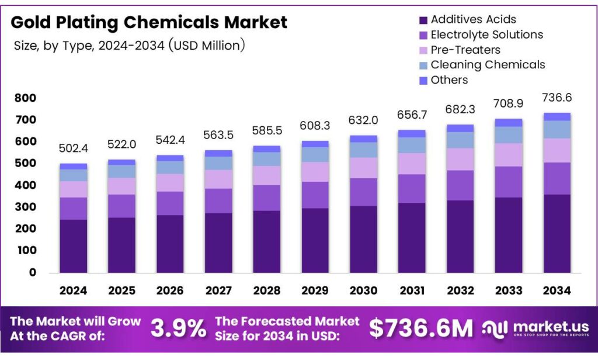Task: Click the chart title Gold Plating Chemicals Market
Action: pos(149,23)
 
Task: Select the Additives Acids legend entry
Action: pos(473,20)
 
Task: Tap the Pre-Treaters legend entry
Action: pos(465,50)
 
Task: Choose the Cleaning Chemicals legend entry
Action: pos(487,65)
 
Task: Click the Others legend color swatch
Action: pos(423,80)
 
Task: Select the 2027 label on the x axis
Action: pos(218,290)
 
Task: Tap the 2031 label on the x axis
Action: pos(411,290)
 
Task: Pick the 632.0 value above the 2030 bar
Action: pos(363,120)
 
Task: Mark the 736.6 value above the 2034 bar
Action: pos(557,98)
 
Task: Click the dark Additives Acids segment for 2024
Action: pos(73,246)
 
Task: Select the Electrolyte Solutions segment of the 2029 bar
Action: pos(315,195)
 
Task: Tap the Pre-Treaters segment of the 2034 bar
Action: pos(557,150)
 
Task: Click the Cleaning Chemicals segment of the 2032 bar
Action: pos(460,140)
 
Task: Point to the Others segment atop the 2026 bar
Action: pos(170,158)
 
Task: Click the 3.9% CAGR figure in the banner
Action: pos(179,329)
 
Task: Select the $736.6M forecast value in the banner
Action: pos(421,329)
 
